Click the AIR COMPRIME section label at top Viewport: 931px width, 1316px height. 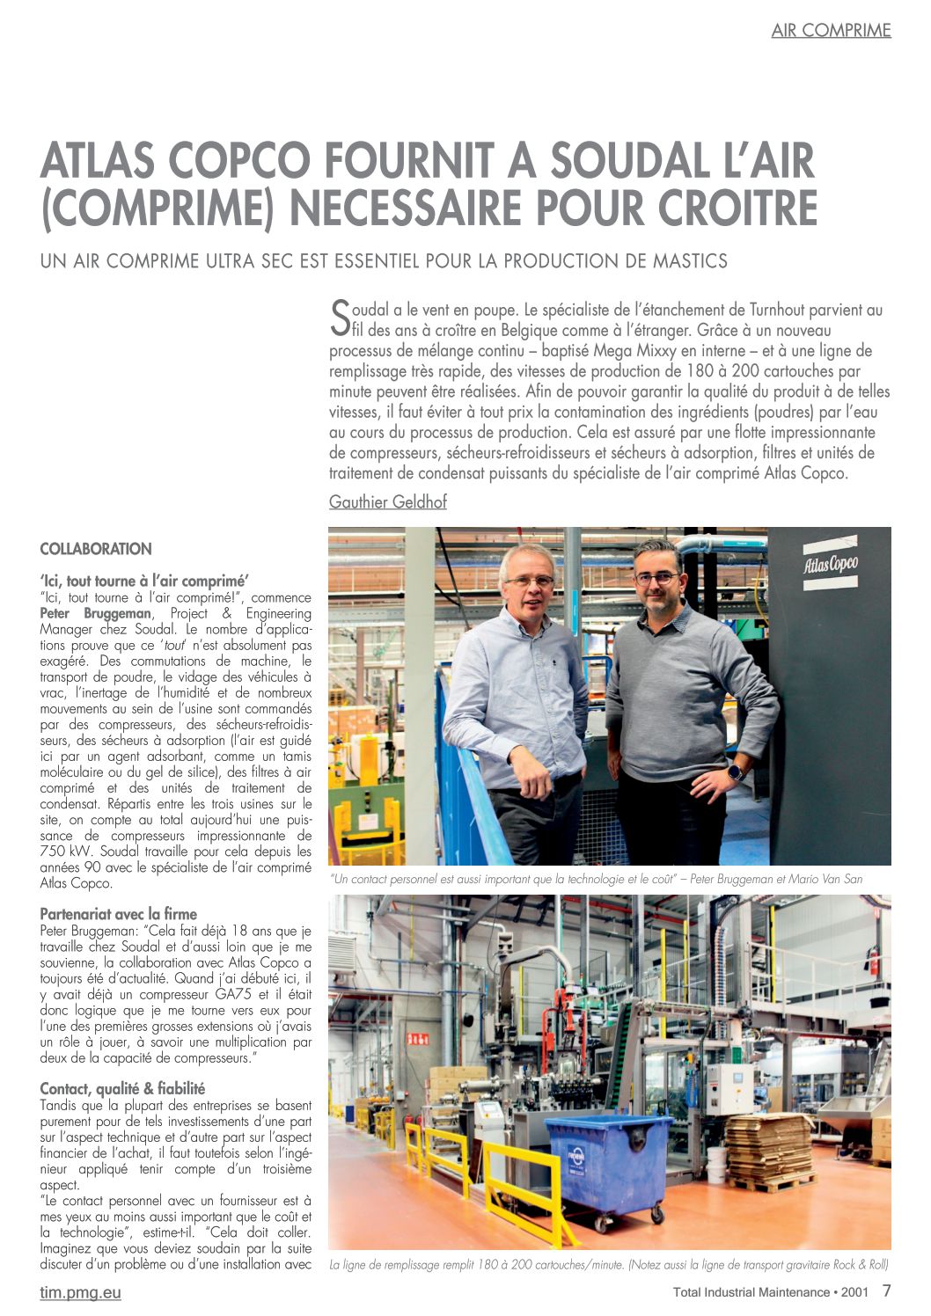(831, 30)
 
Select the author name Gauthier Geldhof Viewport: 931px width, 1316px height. (388, 501)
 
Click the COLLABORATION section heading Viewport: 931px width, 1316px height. (96, 549)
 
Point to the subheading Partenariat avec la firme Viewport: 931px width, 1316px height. (118, 914)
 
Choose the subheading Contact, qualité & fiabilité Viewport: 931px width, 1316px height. (122, 1088)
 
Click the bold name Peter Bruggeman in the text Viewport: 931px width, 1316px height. (96, 613)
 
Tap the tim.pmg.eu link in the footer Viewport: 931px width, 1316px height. (80, 1292)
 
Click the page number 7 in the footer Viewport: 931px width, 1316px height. (886, 1291)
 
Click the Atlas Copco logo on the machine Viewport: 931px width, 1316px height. (831, 564)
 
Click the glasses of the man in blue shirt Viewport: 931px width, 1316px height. (529, 581)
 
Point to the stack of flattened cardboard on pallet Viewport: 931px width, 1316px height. (772, 1149)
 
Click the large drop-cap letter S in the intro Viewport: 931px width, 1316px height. (340, 318)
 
